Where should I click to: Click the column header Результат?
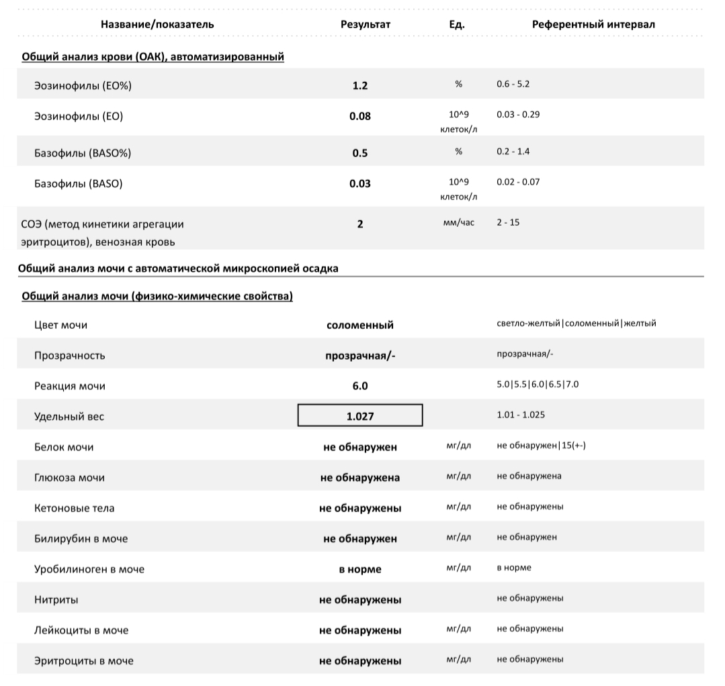tap(366, 24)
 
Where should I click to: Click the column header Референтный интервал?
tap(593, 24)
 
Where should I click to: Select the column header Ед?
tap(457, 24)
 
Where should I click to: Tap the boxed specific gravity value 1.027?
tap(360, 416)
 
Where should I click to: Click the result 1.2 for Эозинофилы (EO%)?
tap(360, 86)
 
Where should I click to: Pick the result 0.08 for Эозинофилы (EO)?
tap(360, 116)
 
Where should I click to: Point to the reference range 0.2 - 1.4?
tap(513, 152)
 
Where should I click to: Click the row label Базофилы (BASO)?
tap(79, 183)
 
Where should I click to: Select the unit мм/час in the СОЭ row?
tap(459, 222)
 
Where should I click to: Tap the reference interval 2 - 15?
tap(508, 222)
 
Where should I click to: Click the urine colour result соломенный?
tap(360, 325)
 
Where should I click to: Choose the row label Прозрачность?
tap(70, 356)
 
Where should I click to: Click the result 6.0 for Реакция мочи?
tap(360, 386)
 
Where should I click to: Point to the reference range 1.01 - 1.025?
tap(521, 415)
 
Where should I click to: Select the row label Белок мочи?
tap(64, 447)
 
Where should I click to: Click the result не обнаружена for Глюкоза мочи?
tap(360, 478)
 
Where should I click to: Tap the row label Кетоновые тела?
tap(75, 508)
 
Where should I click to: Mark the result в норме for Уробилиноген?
tap(360, 569)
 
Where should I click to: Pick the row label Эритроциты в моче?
tap(84, 660)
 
